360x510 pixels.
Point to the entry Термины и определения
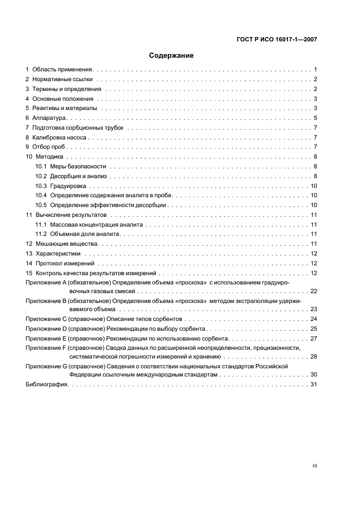66,89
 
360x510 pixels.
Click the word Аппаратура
49,118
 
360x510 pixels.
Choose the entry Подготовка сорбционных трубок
78,128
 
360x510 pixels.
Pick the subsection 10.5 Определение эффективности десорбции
101,205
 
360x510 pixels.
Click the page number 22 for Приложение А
313,292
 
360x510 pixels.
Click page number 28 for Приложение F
313,356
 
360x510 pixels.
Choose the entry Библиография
47,385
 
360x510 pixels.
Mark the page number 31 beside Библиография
313,385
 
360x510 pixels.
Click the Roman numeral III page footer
314,466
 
